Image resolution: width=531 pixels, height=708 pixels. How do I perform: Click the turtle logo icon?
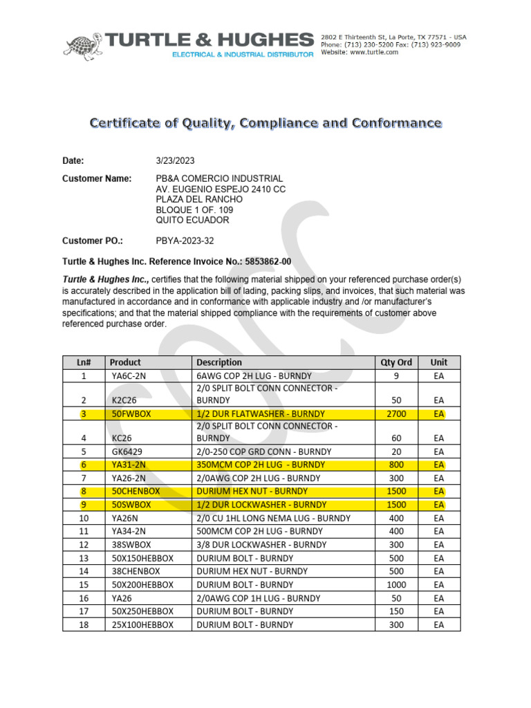84,46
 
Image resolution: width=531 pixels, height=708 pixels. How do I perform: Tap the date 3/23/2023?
176,160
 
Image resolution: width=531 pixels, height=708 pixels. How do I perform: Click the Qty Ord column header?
396,362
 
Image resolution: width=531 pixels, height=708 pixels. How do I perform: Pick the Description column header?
219,362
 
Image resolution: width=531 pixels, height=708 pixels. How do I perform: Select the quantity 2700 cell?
396,413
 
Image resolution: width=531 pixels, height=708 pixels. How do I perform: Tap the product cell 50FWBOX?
131,413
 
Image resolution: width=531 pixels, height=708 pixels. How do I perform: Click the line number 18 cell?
84,624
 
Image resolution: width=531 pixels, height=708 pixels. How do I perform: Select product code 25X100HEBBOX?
142,624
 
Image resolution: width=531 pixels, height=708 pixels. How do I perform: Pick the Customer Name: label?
97,178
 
